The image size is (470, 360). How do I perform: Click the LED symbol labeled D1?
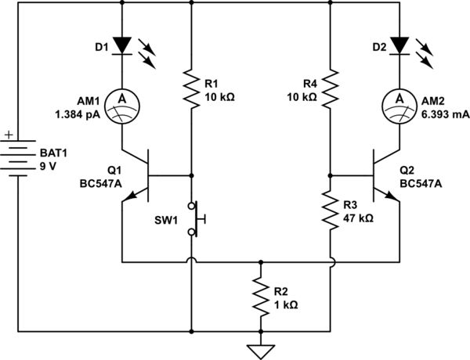pyautogui.click(x=122, y=45)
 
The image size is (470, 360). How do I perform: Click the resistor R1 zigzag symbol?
pyautogui.click(x=191, y=87)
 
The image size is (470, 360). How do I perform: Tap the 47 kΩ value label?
pyautogui.click(x=358, y=218)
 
